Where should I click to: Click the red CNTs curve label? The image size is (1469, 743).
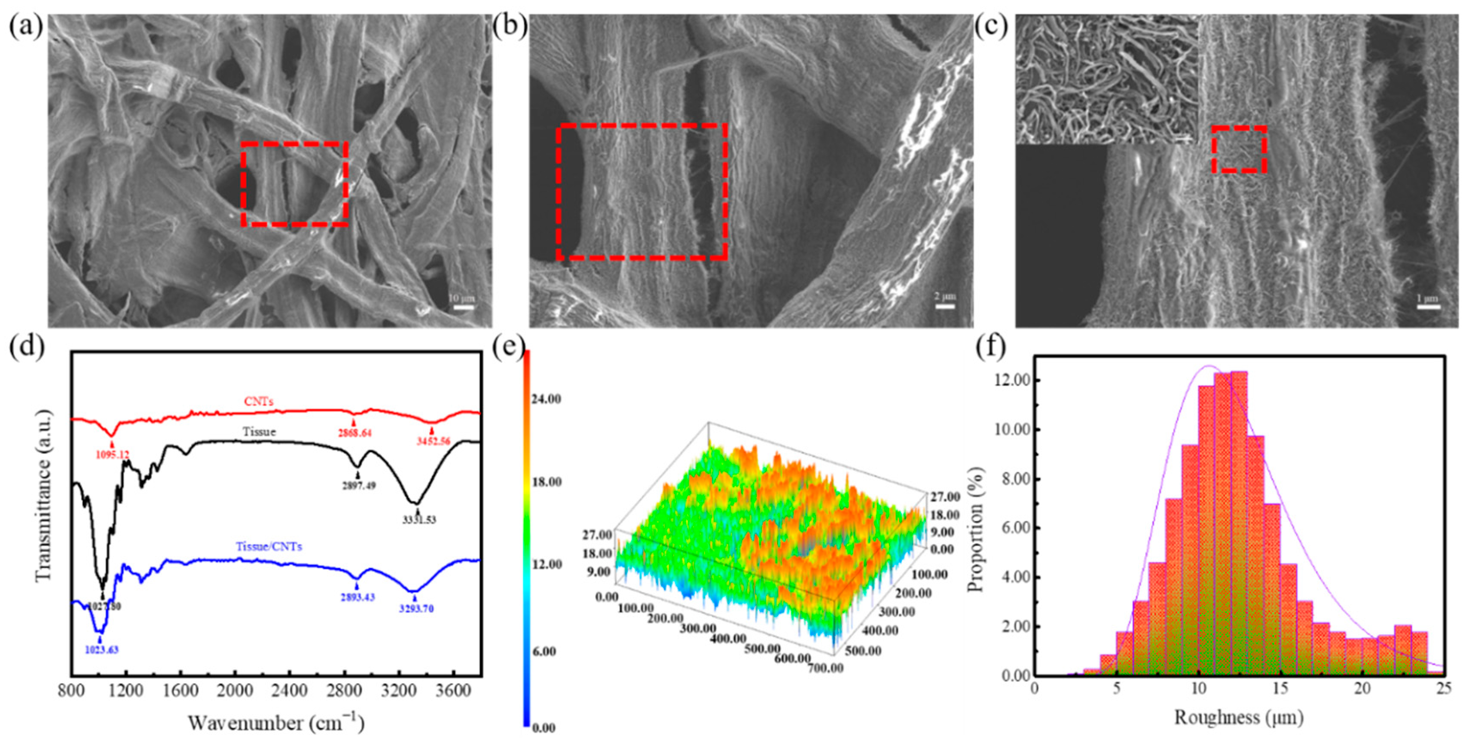[258, 402]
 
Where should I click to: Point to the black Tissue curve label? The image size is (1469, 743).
[259, 432]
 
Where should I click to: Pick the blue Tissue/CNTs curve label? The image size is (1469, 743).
[269, 546]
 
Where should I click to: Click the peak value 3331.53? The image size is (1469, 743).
[417, 520]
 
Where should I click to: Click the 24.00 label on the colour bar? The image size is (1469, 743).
[546, 399]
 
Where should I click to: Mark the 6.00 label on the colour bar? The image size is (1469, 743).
[544, 651]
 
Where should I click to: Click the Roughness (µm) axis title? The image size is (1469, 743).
[1239, 717]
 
